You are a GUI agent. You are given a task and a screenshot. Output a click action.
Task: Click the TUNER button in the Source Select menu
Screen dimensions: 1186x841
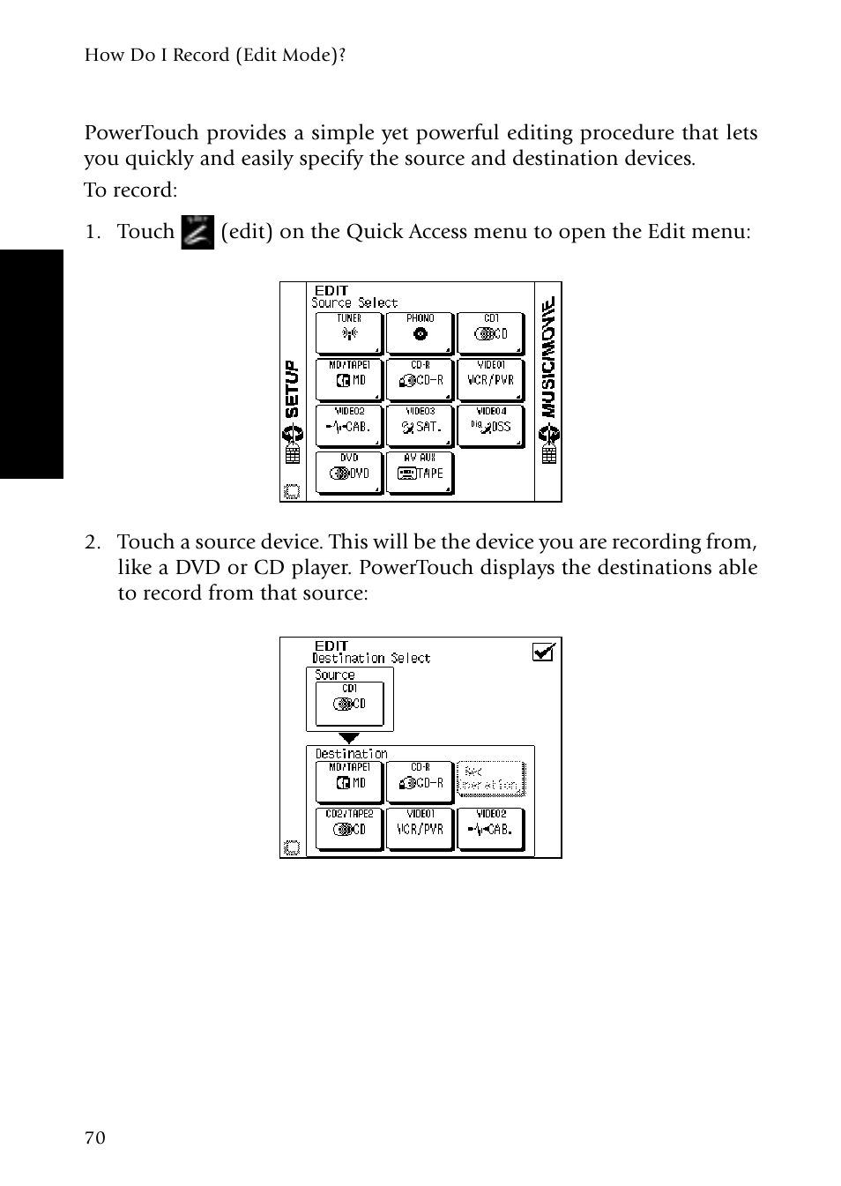coord(349,332)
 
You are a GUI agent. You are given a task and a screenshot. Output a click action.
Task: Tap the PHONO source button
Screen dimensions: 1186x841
coord(420,332)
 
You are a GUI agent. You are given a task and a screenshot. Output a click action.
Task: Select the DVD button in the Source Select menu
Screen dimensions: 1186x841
coord(349,472)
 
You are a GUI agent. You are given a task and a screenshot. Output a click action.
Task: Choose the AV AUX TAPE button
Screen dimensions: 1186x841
coord(420,472)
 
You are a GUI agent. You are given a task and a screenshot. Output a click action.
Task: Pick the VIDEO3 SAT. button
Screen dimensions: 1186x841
coord(420,425)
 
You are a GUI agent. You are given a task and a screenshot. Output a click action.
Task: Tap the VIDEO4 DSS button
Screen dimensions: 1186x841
coord(491,425)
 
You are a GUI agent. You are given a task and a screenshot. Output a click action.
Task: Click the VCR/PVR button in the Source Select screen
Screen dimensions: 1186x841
coord(491,379)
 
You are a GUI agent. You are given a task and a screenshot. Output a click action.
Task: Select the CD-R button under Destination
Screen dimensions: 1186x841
coord(420,781)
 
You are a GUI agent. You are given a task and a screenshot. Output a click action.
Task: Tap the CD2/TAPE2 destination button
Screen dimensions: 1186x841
coord(349,828)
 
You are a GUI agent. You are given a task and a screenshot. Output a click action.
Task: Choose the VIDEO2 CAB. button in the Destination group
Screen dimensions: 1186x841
coord(491,828)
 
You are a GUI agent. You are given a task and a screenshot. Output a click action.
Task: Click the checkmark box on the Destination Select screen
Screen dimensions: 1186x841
coord(544,653)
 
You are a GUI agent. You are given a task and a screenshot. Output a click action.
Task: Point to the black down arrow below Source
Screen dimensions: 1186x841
coord(350,738)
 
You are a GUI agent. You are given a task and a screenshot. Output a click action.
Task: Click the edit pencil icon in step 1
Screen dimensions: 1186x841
coord(197,232)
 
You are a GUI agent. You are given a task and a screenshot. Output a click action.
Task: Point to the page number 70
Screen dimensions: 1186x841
coord(95,1138)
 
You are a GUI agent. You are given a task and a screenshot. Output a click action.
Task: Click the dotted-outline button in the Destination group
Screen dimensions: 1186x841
coord(491,779)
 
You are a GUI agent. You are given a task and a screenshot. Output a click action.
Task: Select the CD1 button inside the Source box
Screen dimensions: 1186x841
coord(349,703)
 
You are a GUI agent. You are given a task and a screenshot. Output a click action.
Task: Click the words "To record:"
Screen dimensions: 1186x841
coord(130,190)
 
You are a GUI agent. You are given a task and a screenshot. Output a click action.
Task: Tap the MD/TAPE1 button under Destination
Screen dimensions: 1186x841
coord(349,781)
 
